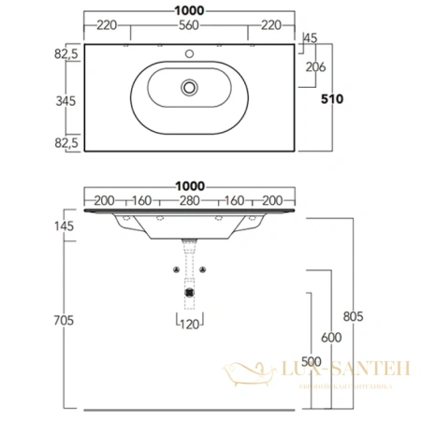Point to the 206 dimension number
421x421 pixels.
315,66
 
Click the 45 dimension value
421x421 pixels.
312,38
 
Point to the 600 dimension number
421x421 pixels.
328,338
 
